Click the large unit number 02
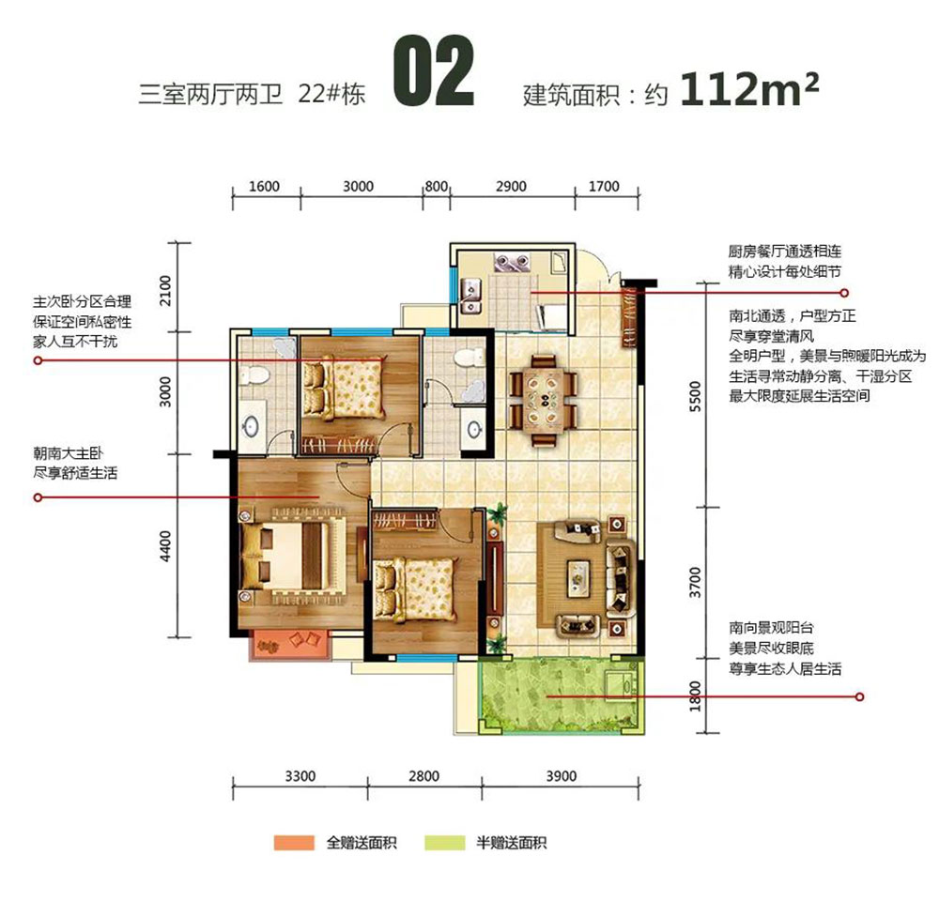pyautogui.click(x=432, y=72)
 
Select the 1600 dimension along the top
pyautogui.click(x=266, y=187)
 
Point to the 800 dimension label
pyautogui.click(x=436, y=187)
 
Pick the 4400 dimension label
pyautogui.click(x=166, y=545)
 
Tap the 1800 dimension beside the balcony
pyautogui.click(x=695, y=694)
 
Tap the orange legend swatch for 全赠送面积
pyautogui.click(x=295, y=843)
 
